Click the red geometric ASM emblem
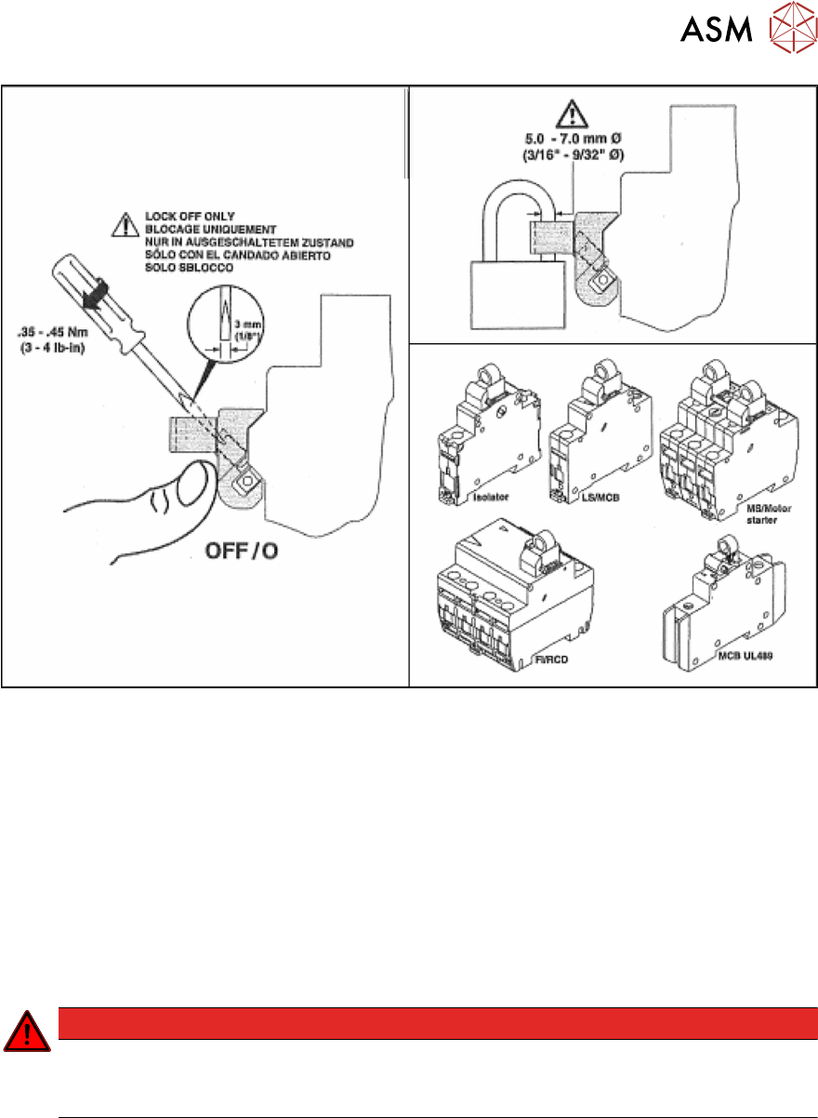(x=788, y=32)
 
